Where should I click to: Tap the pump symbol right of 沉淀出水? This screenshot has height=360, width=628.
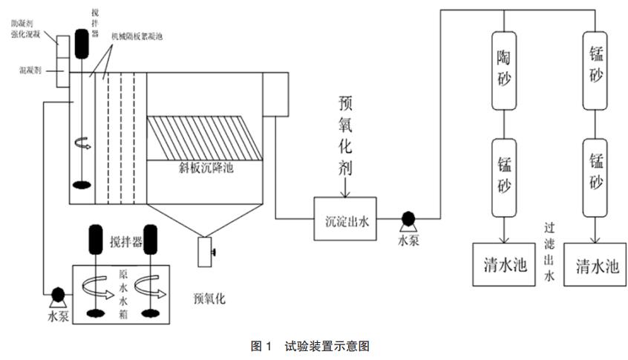coord(407,219)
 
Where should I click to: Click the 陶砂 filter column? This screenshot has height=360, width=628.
coord(504,67)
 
